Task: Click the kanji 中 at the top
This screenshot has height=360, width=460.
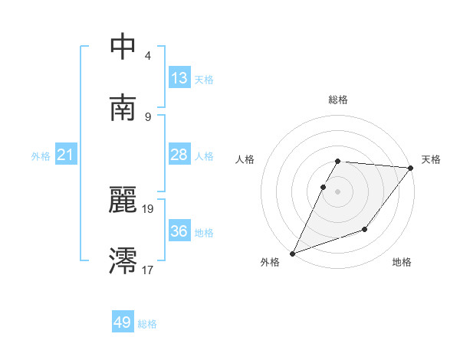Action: [123, 47]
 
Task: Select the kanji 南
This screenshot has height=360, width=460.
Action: [123, 108]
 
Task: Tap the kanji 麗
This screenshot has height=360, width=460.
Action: [123, 201]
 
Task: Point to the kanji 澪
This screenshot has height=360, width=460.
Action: [123, 261]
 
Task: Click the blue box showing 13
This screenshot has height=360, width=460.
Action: [179, 78]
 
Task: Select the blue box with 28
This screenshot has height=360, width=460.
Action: [179, 155]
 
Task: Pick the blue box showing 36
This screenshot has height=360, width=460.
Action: [179, 231]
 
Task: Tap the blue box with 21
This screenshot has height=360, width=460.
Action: [66, 155]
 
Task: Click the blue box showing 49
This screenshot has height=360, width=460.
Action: [123, 322]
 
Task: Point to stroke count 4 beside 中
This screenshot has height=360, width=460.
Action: [147, 55]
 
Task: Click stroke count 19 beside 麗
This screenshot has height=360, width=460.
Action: [148, 208]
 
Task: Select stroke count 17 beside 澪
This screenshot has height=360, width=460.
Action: [148, 270]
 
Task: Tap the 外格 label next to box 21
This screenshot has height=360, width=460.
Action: [41, 155]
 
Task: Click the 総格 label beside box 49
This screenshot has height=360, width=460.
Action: [147, 323]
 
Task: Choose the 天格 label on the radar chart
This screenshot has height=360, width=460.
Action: [431, 159]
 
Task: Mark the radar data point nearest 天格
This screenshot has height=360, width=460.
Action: [411, 168]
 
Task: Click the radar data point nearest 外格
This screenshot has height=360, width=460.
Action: [292, 254]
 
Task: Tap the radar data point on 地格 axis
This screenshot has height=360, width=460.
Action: [366, 229]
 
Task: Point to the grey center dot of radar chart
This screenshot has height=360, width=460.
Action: [337, 191]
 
